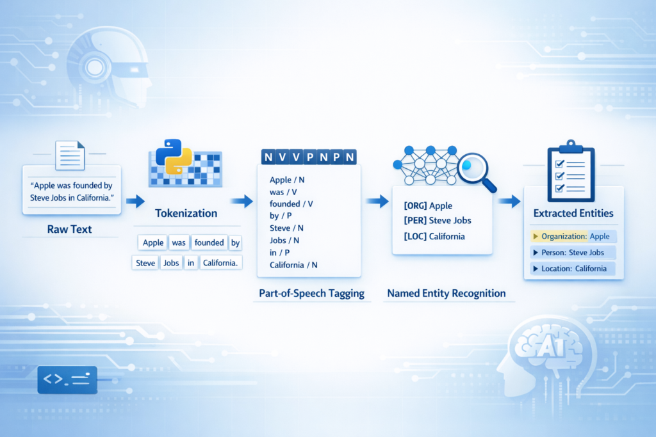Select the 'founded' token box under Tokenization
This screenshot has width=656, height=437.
coord(209,242)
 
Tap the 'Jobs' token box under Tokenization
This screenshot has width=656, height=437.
coord(170,262)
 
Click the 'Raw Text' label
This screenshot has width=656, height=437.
coord(70,228)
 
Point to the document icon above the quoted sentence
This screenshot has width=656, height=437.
coord(70,155)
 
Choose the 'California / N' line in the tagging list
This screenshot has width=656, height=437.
coord(293,265)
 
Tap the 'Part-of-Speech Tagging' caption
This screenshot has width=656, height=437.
coord(311,294)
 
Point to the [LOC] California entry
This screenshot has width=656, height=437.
coord(434,236)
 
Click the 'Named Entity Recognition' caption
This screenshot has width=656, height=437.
coord(446,294)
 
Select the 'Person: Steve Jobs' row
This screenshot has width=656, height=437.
coord(573,253)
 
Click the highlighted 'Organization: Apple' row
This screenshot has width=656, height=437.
coord(573,236)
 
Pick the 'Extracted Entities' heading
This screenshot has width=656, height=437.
coord(573,213)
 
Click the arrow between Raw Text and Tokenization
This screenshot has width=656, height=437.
coord(135,202)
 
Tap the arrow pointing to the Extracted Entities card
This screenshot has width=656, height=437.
coord(509,202)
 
